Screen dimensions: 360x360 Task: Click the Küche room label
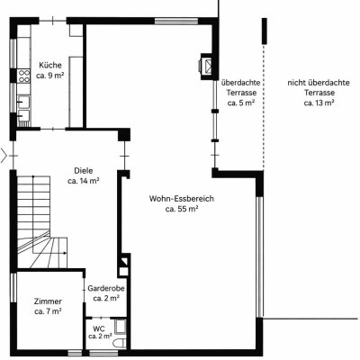(50, 65)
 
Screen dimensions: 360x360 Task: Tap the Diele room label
(84, 171)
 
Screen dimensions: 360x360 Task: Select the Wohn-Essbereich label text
(182, 199)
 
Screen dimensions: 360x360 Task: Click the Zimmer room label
(48, 301)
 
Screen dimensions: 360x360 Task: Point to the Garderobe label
(106, 288)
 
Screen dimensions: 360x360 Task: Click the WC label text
(99, 328)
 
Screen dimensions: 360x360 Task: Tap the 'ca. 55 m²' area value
(182, 209)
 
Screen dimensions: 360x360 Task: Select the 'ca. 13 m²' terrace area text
(319, 103)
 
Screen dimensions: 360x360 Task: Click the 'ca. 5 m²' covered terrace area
(241, 103)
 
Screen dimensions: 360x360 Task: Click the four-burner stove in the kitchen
(23, 76)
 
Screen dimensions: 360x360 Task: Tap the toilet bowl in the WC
(119, 344)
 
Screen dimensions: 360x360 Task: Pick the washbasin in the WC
(121, 327)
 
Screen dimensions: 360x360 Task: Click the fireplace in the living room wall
(207, 67)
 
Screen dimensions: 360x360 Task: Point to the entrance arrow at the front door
(4, 156)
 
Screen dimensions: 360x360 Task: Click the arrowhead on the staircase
(65, 253)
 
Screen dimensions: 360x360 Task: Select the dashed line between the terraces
(264, 106)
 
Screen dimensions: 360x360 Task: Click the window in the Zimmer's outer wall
(13, 288)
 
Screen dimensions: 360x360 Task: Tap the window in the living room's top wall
(176, 21)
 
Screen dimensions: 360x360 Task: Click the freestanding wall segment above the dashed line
(265, 31)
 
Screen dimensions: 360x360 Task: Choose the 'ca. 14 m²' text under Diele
(84, 181)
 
